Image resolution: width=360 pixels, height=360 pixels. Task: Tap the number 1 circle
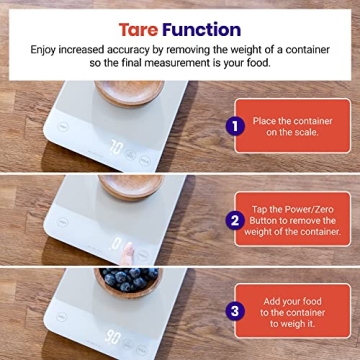[235, 126]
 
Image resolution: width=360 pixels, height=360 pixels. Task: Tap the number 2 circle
[235, 219]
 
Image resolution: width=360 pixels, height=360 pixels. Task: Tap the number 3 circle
[235, 311]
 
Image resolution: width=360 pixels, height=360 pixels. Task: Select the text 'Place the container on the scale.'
[293, 126]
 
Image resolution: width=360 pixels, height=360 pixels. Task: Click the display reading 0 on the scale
[117, 243]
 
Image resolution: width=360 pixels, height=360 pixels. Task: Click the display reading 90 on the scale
[116, 336]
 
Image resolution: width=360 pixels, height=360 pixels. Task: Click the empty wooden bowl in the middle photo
[130, 186]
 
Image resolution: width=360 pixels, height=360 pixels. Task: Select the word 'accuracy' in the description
[149, 47]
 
